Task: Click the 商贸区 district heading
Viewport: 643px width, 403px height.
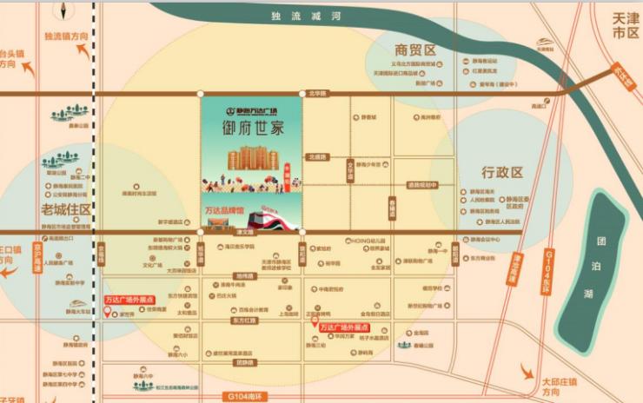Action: (414, 50)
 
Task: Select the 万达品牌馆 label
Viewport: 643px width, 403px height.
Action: (222, 210)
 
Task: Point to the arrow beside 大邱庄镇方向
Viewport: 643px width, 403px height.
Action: (527, 371)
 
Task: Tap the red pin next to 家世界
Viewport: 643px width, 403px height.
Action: (108, 314)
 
